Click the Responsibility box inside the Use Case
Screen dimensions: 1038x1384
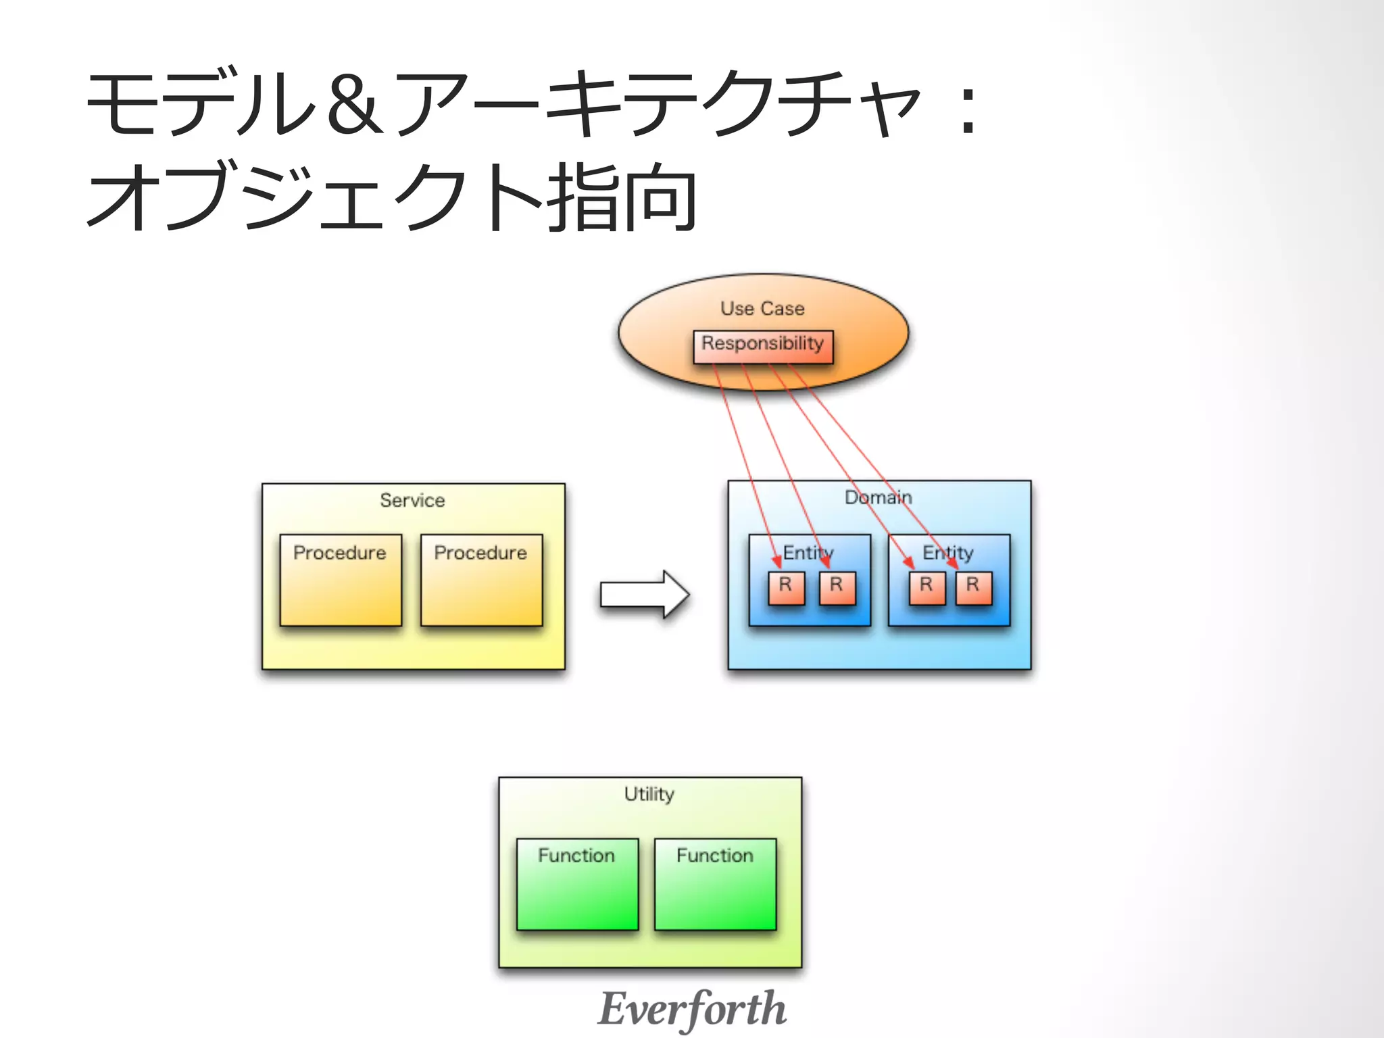(763, 346)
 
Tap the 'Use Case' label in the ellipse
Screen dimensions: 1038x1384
(762, 308)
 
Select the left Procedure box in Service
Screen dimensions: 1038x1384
(341, 580)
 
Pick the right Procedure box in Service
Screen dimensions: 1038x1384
(481, 580)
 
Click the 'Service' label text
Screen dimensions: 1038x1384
(412, 500)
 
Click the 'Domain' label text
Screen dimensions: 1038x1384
(878, 497)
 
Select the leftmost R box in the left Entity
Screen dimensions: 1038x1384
(786, 587)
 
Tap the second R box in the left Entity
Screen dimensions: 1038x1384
(837, 587)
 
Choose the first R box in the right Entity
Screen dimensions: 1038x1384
(926, 587)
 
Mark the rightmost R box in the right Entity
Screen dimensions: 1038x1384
(973, 587)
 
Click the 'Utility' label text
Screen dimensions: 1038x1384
(649, 793)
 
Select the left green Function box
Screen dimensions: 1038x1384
(577, 884)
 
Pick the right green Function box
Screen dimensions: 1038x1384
(715, 884)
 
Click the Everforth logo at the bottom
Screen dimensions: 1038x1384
(692, 1008)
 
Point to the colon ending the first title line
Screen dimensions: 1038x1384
(968, 108)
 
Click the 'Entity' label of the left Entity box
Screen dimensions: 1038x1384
(808, 552)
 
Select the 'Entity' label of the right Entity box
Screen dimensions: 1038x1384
(947, 552)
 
